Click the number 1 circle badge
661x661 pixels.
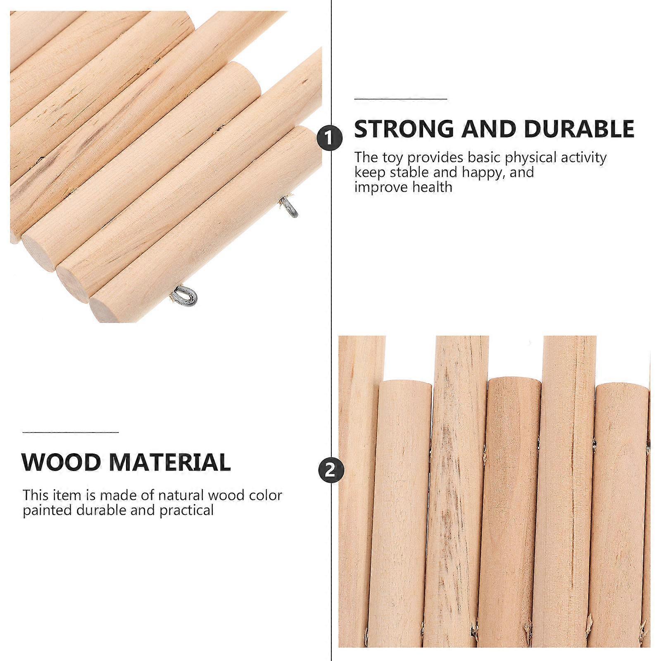(330, 138)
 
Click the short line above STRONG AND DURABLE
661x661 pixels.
(401, 99)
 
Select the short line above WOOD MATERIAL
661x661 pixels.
(71, 433)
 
